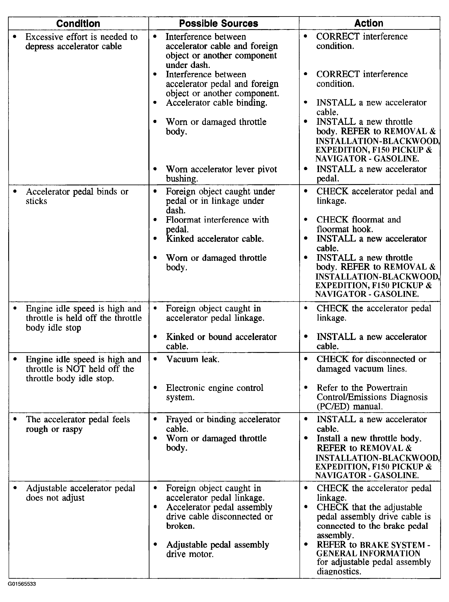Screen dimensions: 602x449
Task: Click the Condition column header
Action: click(78, 24)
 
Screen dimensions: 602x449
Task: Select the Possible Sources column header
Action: click(219, 24)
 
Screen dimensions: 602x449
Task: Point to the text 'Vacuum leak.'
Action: click(193, 359)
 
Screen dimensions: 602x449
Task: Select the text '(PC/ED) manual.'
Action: click(349, 406)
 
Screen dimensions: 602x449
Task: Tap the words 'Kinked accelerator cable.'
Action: click(215, 239)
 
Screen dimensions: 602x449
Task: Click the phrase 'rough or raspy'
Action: click(54, 429)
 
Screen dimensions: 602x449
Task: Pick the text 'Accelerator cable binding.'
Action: click(217, 103)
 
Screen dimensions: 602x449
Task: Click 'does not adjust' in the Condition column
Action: click(55, 498)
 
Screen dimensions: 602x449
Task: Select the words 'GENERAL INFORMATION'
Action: click(368, 553)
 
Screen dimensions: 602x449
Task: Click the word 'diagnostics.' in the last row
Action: click(339, 572)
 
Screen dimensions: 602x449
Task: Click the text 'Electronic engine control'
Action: click(215, 388)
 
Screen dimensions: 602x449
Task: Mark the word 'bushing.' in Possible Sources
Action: click(182, 179)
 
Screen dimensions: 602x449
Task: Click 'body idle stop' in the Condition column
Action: click(53, 328)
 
